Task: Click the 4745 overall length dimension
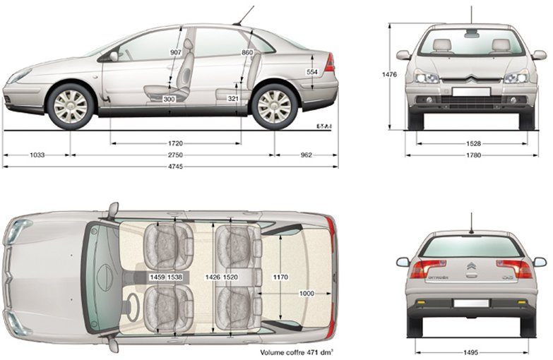click(175, 167)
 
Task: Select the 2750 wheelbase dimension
click(175, 155)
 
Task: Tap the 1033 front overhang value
click(37, 155)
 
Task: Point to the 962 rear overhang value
click(307, 155)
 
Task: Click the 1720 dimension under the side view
click(175, 143)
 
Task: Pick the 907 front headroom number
click(176, 52)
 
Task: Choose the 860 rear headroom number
click(247, 52)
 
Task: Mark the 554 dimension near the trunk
click(312, 72)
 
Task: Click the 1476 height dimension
click(389, 74)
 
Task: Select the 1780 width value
click(473, 155)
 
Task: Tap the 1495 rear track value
click(471, 352)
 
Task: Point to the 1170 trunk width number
click(280, 277)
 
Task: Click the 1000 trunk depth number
click(307, 294)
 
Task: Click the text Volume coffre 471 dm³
click(297, 352)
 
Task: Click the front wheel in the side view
click(71, 107)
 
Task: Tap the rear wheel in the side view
click(275, 107)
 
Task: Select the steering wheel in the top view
click(133, 308)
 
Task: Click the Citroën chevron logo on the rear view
click(471, 266)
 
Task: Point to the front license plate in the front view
click(471, 92)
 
